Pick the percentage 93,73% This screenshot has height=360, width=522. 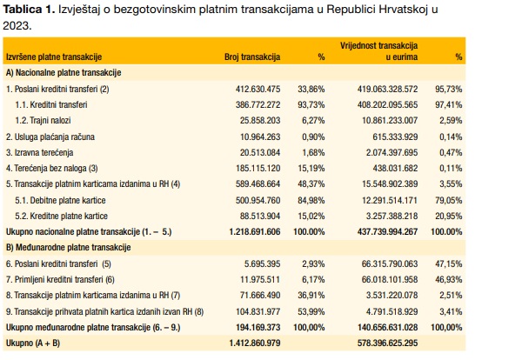pyautogui.click(x=311, y=103)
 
